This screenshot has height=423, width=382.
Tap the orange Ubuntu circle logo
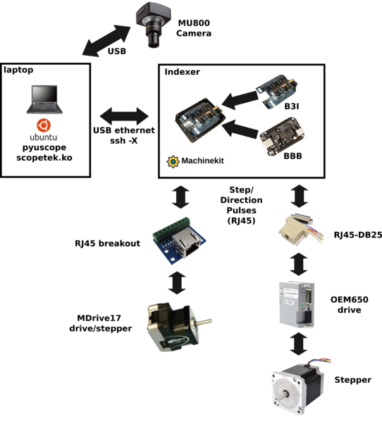pos(43,125)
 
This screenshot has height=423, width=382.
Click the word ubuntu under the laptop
pos(43,137)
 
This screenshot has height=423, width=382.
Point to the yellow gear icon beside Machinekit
pos(171,161)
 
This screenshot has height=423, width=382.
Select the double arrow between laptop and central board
pos(124,114)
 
